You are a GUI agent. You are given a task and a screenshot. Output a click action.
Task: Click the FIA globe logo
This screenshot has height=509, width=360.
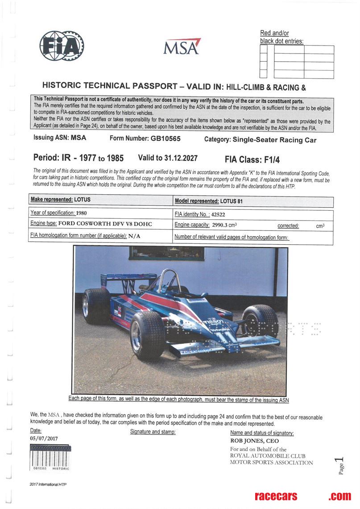click(x=61, y=46)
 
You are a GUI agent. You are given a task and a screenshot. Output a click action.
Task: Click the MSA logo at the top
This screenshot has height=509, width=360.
click(x=182, y=46)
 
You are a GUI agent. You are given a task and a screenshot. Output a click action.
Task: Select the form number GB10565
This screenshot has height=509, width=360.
click(x=166, y=139)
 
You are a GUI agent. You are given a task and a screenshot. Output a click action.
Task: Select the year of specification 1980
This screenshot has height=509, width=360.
click(x=78, y=213)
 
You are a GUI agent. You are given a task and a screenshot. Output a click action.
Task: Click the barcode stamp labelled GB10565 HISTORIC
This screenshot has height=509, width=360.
click(x=50, y=458)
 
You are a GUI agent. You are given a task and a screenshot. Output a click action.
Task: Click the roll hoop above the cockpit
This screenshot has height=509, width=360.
click(x=168, y=279)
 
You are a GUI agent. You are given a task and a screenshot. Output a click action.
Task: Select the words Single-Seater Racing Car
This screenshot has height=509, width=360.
click(x=274, y=140)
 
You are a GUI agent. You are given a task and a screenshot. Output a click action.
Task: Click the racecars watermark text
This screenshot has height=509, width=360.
click(x=276, y=496)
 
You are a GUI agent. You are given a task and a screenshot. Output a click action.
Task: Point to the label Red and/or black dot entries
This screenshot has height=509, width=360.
click(x=281, y=37)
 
